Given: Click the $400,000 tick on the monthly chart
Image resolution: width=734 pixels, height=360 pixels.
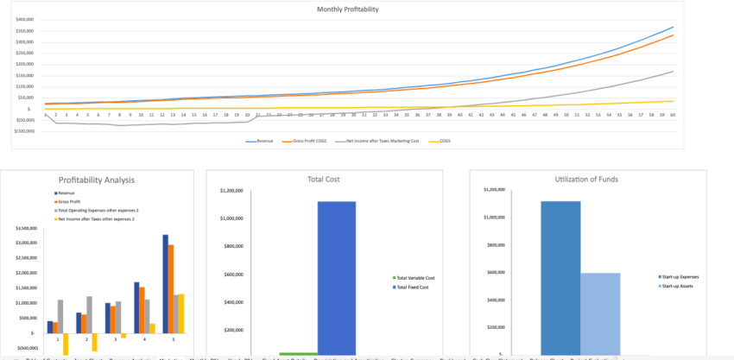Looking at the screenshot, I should pos(24,18).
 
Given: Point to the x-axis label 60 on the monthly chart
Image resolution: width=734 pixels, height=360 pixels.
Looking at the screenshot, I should pos(672,114).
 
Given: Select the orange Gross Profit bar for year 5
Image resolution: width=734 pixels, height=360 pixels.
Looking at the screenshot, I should pos(171,288).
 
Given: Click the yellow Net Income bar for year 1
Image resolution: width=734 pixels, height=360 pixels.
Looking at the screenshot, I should pos(66,343).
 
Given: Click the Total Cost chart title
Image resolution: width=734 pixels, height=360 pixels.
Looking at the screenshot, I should pos(324,180).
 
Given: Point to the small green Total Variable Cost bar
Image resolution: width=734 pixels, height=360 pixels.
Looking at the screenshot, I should pos(298,353).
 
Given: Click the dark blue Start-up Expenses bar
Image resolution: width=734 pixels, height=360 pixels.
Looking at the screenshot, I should pos(561,276).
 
